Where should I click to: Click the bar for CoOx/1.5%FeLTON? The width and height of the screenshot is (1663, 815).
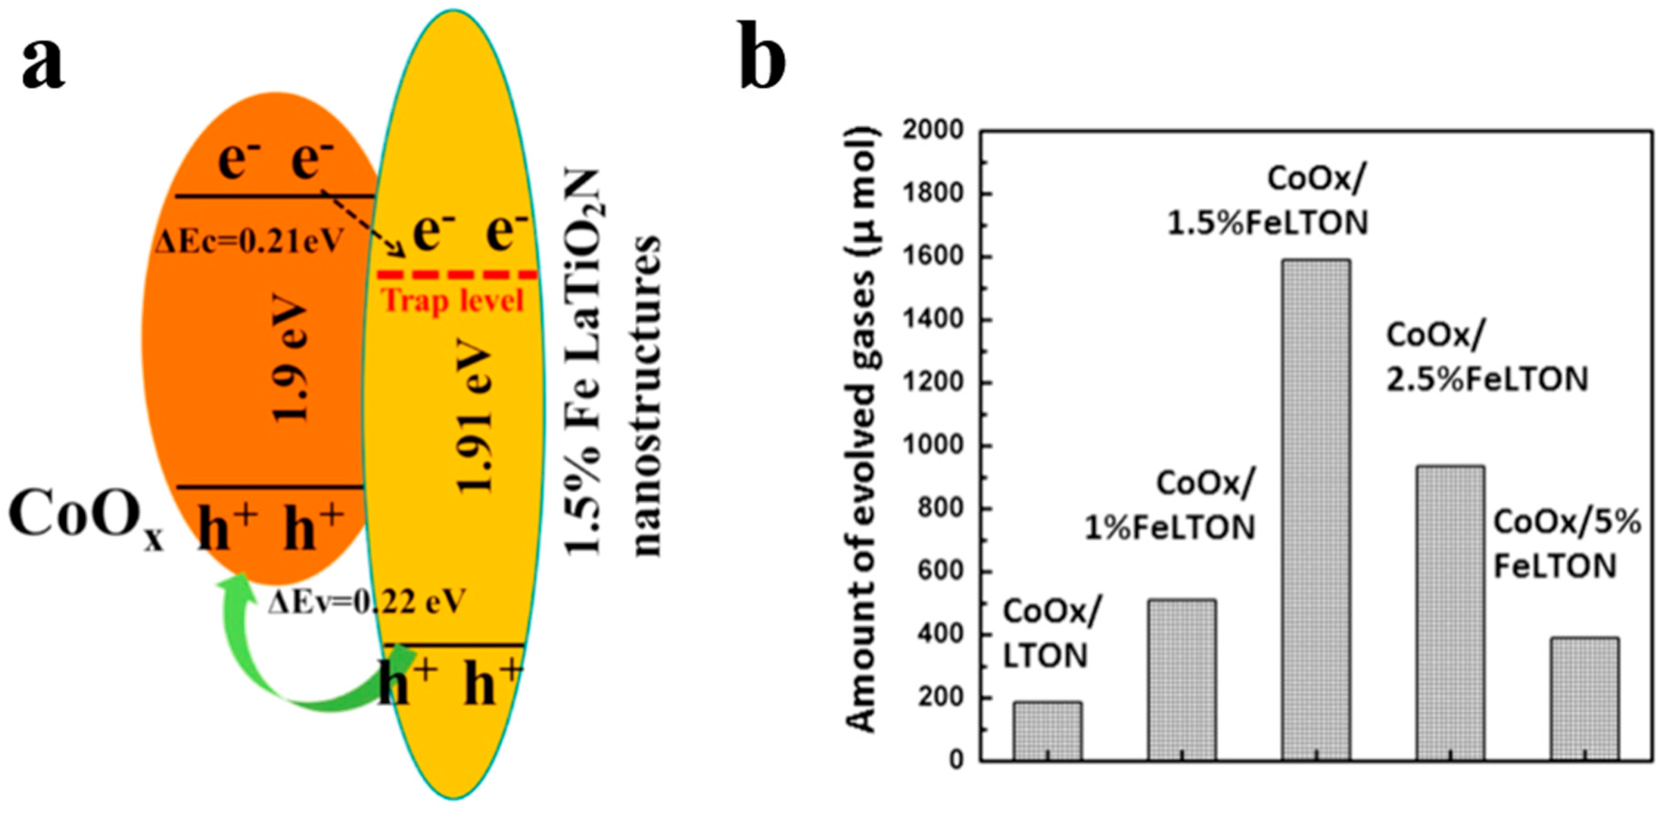click(x=1315, y=510)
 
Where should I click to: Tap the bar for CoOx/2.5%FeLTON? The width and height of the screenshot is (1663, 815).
click(x=1450, y=613)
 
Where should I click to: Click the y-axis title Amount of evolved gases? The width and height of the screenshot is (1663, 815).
click(x=862, y=429)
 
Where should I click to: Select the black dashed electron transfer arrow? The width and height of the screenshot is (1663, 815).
click(x=361, y=223)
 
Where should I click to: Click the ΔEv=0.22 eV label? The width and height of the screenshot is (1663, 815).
click(x=366, y=602)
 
